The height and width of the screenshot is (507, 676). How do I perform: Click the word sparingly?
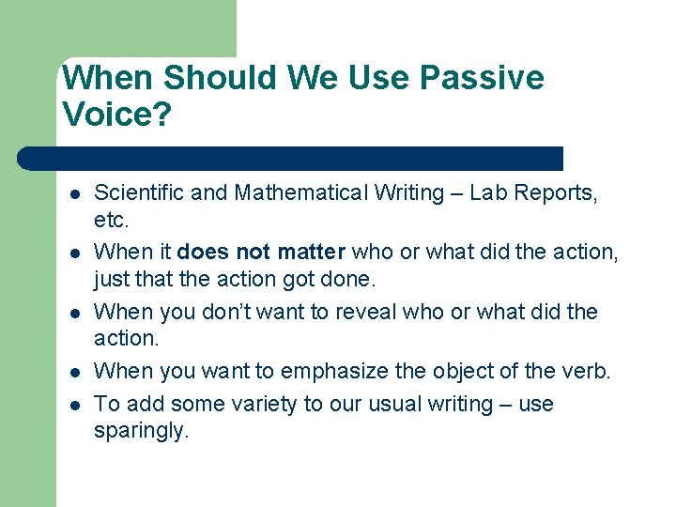coord(141,432)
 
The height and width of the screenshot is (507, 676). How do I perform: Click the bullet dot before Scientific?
coord(73,194)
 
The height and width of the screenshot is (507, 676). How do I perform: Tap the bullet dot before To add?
coord(73,405)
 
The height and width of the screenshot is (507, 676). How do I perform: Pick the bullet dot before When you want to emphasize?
coord(73,372)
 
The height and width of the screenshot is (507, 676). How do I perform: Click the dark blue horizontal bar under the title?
coord(291,158)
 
